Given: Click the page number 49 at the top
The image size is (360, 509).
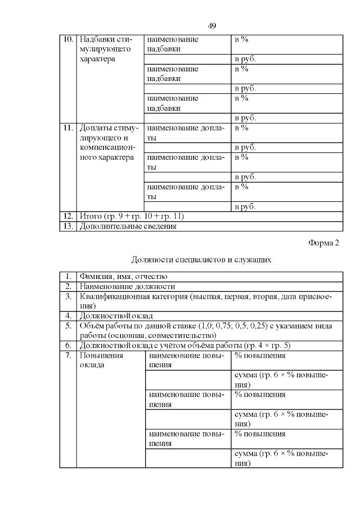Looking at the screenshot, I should (x=213, y=26).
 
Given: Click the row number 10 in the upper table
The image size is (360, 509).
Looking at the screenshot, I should (x=68, y=39).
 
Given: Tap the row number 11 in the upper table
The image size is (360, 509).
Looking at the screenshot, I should (x=68, y=128).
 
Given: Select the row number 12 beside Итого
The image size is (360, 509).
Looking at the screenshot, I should (x=68, y=216).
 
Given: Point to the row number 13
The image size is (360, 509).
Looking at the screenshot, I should (x=68, y=226).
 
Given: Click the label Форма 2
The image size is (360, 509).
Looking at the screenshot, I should (x=324, y=242).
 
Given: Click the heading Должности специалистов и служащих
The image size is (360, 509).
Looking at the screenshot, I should (x=202, y=260).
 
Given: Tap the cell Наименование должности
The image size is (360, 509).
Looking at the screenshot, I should (x=121, y=286).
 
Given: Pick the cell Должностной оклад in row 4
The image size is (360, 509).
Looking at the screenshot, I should (x=116, y=316).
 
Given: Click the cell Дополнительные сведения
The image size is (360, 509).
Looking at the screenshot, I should (x=128, y=226).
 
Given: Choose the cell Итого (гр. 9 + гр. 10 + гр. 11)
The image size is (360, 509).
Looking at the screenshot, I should (x=132, y=216).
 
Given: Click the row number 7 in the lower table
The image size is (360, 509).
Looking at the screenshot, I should (x=68, y=355).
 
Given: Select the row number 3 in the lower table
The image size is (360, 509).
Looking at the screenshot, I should (x=68, y=296).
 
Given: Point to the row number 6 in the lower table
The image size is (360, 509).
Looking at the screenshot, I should (x=68, y=345).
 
